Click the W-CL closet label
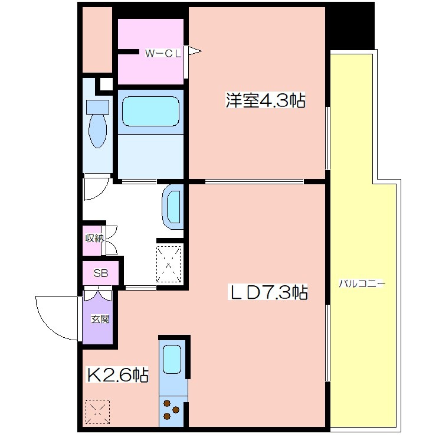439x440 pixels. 163,53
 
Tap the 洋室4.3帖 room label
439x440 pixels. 265,100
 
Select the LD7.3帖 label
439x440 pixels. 268,292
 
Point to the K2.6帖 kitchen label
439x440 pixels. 117,374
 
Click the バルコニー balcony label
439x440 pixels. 362,283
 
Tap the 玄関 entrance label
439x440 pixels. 100,319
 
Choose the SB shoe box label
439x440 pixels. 101,273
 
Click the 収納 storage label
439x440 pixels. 94,239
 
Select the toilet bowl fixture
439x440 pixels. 97,124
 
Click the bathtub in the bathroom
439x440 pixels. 150,112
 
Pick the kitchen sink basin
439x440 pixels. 172,359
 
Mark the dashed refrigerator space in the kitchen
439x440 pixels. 97,412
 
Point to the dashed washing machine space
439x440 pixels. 169,264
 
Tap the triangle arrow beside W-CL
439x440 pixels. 195,51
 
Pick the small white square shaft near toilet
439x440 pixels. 106,84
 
